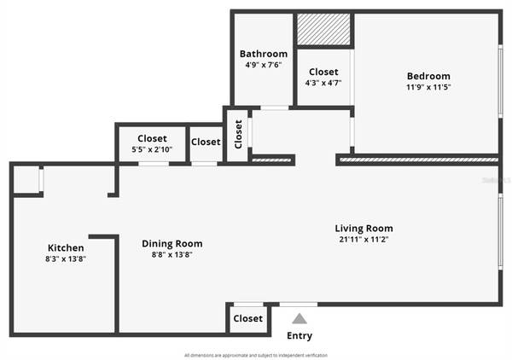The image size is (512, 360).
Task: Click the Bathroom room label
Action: tap(263, 53)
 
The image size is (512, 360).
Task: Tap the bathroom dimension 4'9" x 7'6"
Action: tap(263, 64)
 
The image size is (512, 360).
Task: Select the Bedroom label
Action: tap(428, 76)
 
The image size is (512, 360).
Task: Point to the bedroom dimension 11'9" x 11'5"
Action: tap(428, 87)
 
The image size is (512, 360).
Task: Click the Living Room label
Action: tap(364, 228)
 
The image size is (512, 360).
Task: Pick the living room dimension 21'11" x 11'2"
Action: tap(364, 240)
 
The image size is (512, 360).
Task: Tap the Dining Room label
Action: tap(172, 243)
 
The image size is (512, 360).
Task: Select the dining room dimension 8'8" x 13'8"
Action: tap(172, 254)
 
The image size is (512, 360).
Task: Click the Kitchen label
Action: tap(66, 247)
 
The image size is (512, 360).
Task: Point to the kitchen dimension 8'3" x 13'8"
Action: tap(66, 258)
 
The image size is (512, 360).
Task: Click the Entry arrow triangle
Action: tap(299, 319)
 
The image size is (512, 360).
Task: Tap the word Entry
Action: tap(299, 336)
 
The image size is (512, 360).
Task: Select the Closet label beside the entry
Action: tap(247, 319)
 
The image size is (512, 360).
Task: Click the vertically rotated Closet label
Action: tap(238, 135)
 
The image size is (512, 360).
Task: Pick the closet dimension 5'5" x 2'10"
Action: tap(152, 149)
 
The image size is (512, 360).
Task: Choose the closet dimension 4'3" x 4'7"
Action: tap(323, 84)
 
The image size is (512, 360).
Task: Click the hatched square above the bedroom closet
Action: tap(323, 29)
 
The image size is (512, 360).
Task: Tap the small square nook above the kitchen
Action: tap(27, 179)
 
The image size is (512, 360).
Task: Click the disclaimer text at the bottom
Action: tap(255, 355)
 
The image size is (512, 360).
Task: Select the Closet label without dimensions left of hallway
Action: tap(206, 142)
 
